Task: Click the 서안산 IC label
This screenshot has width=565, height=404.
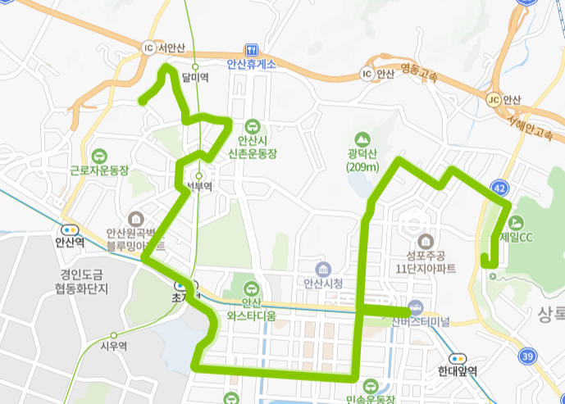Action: point(171,47)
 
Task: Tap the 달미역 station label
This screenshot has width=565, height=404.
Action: point(195,78)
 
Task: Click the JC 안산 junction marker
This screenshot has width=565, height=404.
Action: point(493,99)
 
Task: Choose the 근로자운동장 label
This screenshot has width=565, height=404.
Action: point(100,171)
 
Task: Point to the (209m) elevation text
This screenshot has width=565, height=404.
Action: point(361,168)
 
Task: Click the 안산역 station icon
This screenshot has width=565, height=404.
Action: point(70,229)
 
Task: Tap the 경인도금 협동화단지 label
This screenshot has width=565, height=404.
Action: point(84,282)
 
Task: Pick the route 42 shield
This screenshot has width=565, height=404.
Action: point(500,188)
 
